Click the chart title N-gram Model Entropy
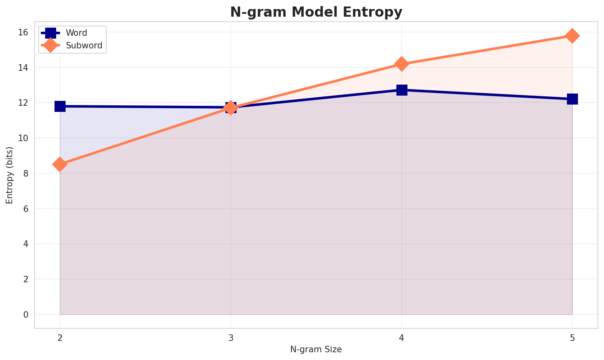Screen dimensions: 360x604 (316, 12)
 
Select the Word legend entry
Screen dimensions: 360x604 (77, 33)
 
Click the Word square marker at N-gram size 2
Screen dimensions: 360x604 (60, 106)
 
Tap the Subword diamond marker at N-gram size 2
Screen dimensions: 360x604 (60, 164)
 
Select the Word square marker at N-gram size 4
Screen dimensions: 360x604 (402, 90)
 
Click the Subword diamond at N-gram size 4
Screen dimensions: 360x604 (402, 64)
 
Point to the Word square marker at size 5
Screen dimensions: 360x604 (572, 99)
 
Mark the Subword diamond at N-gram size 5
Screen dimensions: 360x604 (572, 36)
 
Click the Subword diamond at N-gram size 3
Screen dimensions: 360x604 (231, 108)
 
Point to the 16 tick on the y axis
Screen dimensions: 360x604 (24, 32)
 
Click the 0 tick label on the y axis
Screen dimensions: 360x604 (26, 314)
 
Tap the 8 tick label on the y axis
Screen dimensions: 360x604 (26, 173)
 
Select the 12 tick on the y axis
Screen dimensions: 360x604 (24, 103)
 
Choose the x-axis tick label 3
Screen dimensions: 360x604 (231, 338)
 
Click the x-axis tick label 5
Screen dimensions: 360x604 (572, 338)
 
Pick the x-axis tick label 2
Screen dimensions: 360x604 (60, 338)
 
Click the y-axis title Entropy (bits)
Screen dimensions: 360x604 (9, 175)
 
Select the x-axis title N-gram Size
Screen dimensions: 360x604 (316, 349)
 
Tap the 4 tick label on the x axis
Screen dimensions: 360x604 (402, 338)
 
